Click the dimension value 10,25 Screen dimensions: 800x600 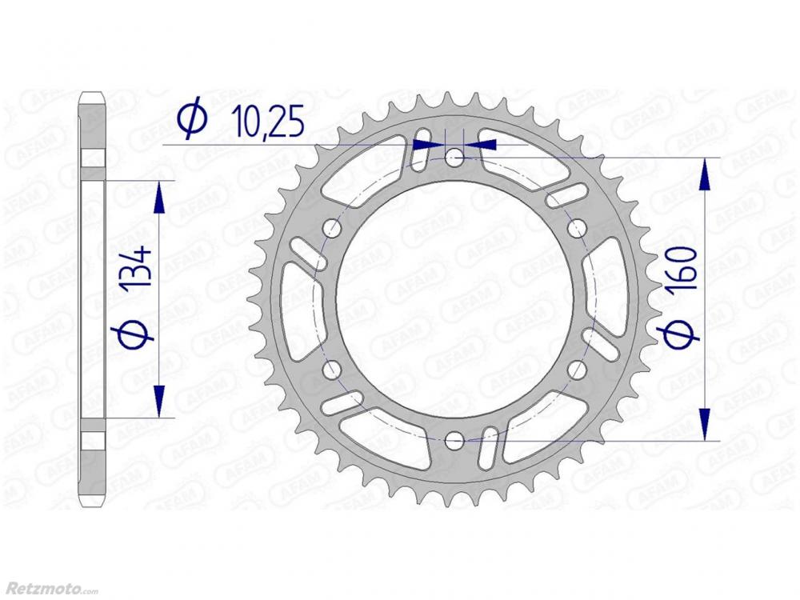pyautogui.click(x=268, y=122)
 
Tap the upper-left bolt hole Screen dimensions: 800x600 pyautogui.click(x=332, y=229)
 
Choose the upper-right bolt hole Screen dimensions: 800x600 pyautogui.click(x=577, y=229)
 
